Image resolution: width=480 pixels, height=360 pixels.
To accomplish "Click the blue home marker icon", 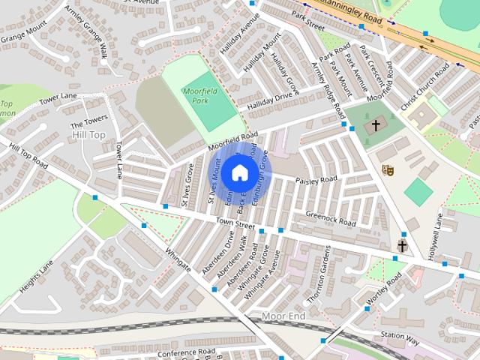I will click(238, 172).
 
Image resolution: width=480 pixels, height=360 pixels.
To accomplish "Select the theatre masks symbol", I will click(387, 171).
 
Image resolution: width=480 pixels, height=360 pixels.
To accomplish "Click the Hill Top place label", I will click(89, 134).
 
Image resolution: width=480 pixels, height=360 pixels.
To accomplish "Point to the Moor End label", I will click(283, 316).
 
